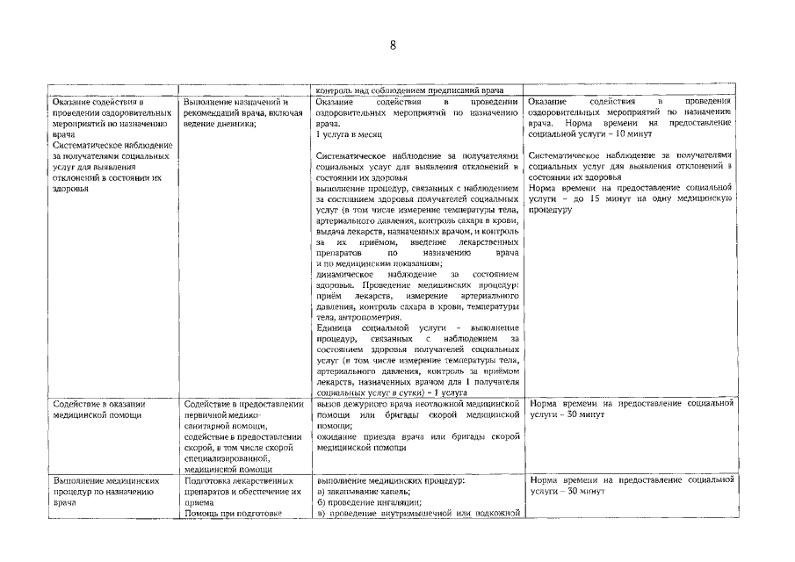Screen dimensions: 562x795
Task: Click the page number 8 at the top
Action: point(394,47)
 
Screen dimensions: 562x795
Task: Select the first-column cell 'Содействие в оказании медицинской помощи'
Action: point(99,410)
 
